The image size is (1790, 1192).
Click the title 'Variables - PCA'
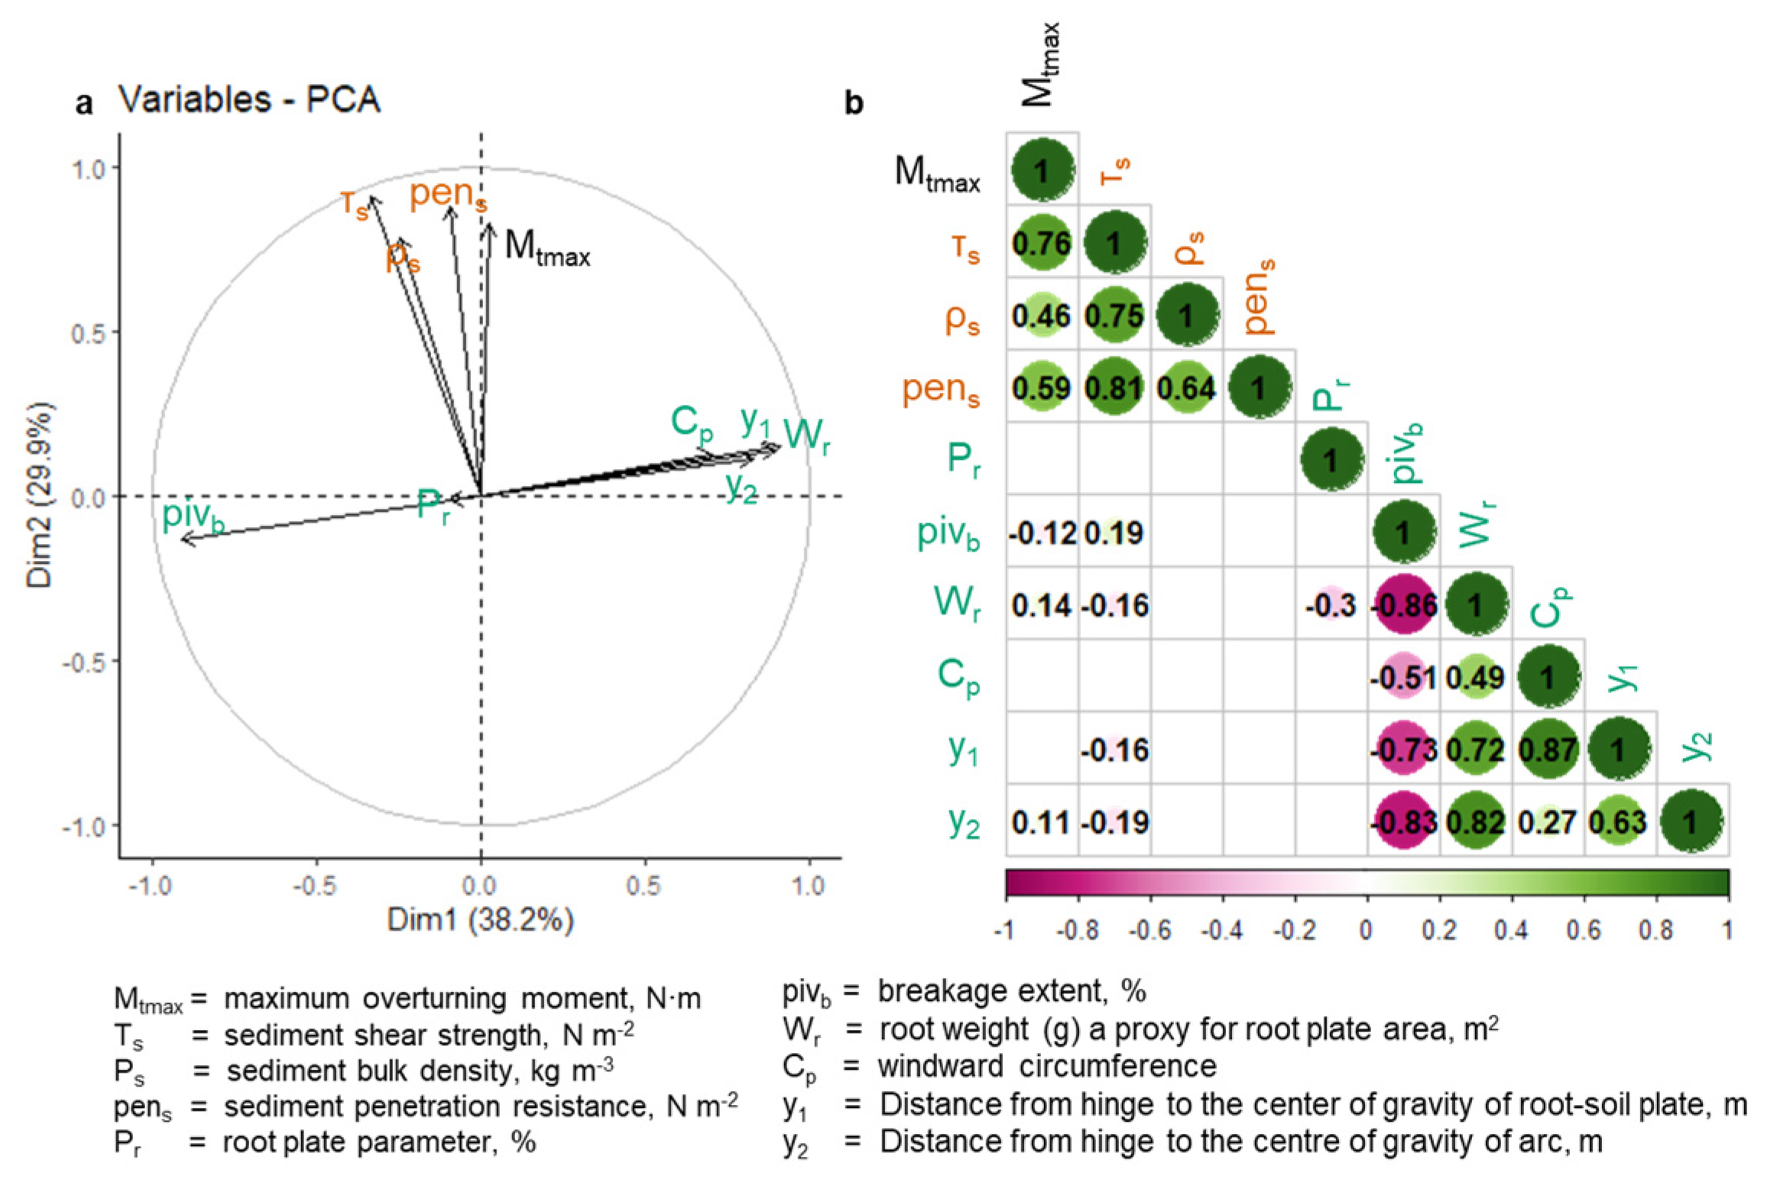click(x=249, y=100)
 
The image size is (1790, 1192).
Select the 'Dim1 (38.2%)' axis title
click(x=480, y=920)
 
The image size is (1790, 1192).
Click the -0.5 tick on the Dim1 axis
click(x=316, y=886)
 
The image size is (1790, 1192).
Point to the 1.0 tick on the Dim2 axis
click(x=89, y=168)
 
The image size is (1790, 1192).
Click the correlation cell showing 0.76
click(x=1041, y=244)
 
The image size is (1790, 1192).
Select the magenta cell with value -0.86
click(x=1403, y=605)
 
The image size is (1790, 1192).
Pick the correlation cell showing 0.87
click(x=1548, y=750)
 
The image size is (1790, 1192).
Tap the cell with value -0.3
click(x=1331, y=605)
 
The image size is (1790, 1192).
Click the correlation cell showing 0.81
click(x=1114, y=387)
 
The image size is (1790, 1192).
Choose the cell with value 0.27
click(x=1548, y=822)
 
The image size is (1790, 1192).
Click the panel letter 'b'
click(x=854, y=104)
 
